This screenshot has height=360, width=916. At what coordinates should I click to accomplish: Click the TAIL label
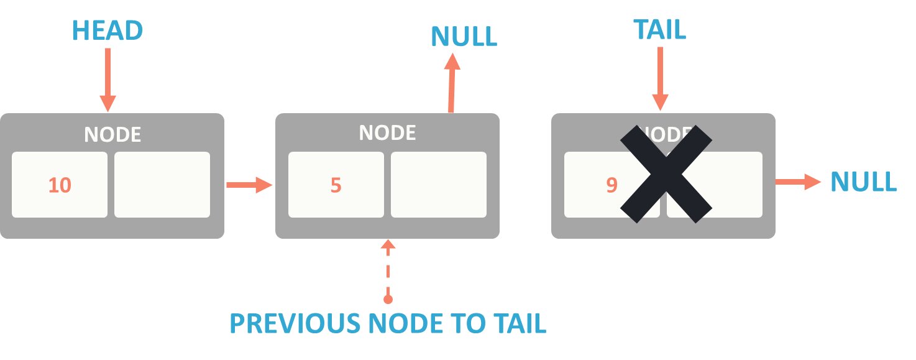coord(659,30)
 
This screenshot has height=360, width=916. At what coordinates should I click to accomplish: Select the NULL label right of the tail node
coord(864,182)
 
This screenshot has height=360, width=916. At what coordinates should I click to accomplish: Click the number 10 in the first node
coord(60,185)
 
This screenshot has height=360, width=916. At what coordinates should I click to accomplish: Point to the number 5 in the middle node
coord(336,185)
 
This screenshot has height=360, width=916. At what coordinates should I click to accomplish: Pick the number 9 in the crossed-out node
coord(611,185)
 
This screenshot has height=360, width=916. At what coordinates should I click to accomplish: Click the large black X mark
coord(666,173)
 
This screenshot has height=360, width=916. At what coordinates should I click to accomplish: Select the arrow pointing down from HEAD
coord(108,79)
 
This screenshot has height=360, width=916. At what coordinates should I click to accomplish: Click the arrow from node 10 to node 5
coord(249,185)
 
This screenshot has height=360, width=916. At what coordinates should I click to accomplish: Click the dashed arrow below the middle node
coord(388,270)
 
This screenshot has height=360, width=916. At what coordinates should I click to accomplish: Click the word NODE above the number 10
coord(112,134)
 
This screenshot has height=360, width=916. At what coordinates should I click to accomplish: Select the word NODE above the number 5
coord(388,132)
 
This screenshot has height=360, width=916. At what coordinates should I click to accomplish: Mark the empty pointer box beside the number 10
coord(162,185)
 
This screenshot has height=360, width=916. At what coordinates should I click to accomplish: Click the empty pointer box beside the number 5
coord(438,185)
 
